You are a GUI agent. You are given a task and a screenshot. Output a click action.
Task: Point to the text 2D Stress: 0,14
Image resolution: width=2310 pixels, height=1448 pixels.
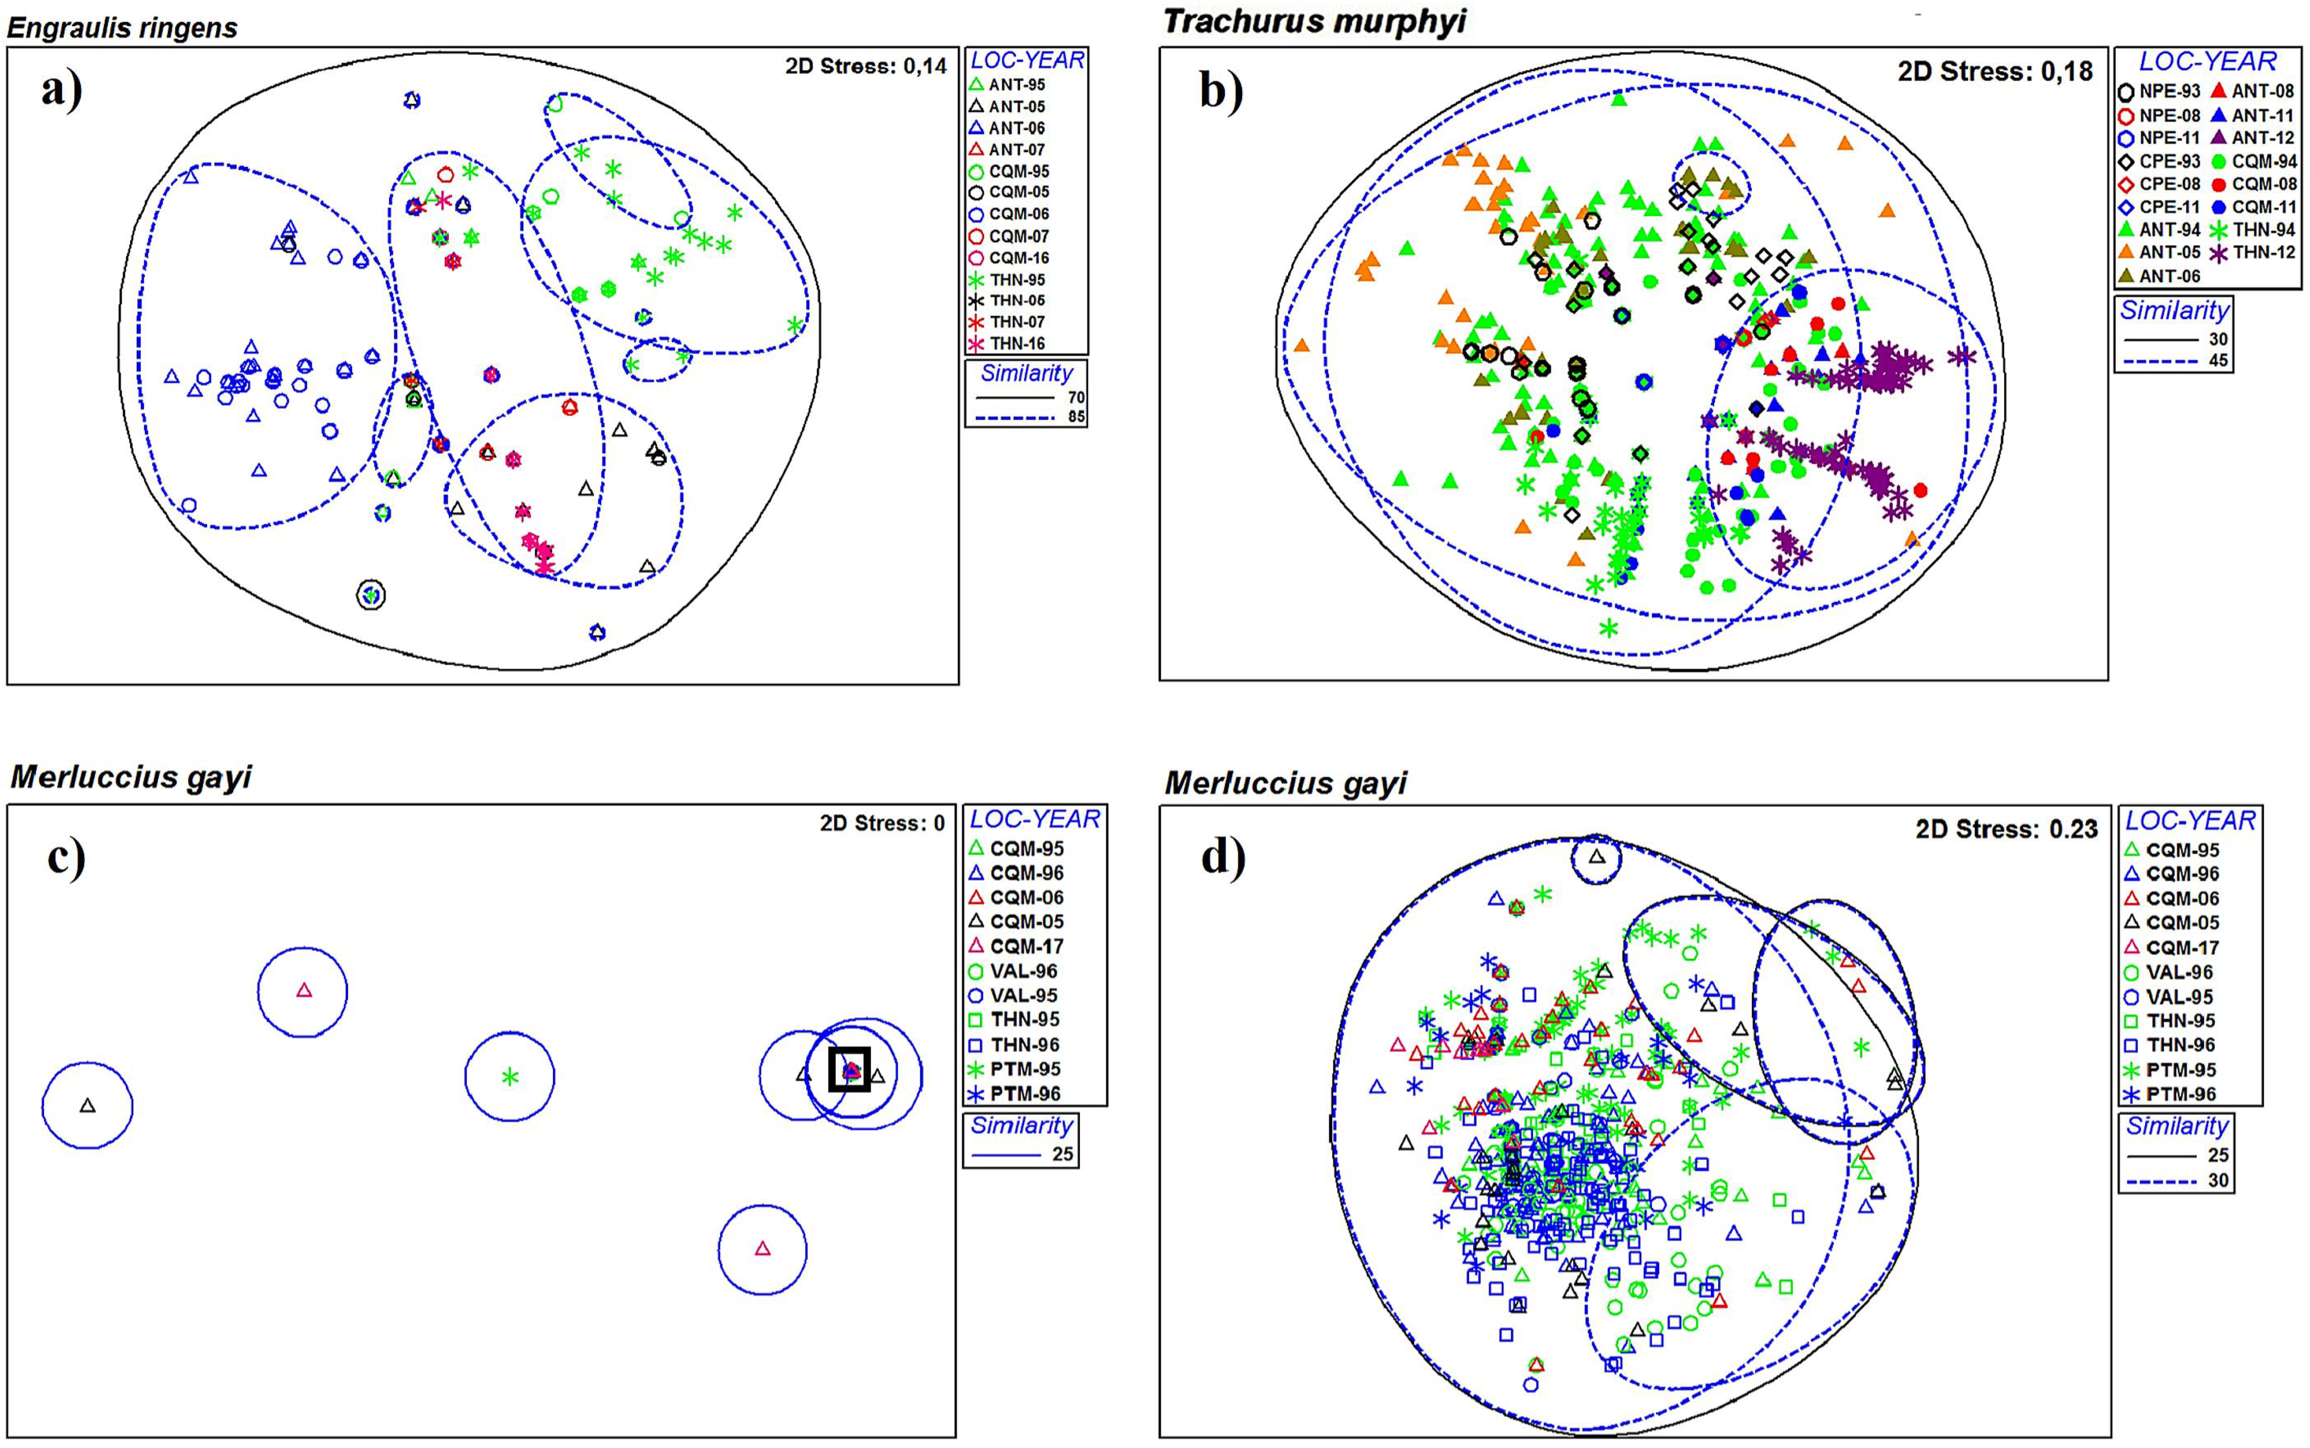865,66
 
